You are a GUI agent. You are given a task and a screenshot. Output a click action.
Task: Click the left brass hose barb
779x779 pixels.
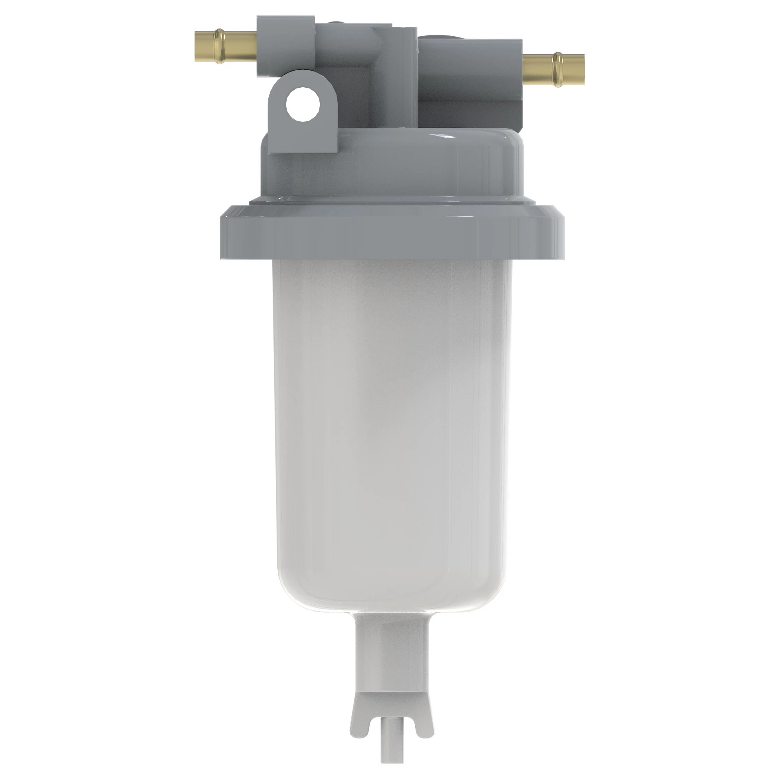point(226,46)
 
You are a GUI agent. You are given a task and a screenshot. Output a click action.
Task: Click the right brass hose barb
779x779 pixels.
point(553,69)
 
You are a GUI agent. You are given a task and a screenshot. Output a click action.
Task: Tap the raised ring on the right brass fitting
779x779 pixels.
point(559,69)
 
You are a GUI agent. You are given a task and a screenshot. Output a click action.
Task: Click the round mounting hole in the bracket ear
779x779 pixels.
point(303,105)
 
